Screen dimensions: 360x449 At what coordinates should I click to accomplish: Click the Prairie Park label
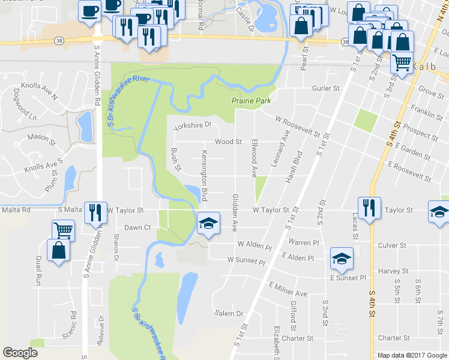pyautogui.click(x=251, y=101)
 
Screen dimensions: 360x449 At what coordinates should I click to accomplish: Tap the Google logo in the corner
pyautogui.click(x=20, y=353)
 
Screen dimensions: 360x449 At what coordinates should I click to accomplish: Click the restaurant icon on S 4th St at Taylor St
pyautogui.click(x=367, y=208)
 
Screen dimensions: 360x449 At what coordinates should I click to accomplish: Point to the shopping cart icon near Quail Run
pyautogui.click(x=62, y=229)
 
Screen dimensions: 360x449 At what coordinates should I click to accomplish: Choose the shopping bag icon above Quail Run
pyautogui.click(x=59, y=250)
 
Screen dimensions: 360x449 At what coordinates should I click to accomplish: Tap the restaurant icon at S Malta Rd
pyautogui.click(x=95, y=212)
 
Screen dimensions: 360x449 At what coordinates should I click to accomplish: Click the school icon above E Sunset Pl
pyautogui.click(x=342, y=258)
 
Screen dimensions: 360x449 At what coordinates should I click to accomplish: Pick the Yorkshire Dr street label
pyautogui.click(x=193, y=126)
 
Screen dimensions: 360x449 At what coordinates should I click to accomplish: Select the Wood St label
pyautogui.click(x=228, y=142)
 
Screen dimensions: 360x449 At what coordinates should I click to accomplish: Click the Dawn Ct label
pyautogui.click(x=137, y=227)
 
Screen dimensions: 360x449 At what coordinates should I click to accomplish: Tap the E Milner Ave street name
pyautogui.click(x=288, y=289)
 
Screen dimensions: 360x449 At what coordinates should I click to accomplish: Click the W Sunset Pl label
pyautogui.click(x=246, y=261)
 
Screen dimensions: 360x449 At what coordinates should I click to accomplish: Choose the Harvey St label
pyautogui.click(x=393, y=271)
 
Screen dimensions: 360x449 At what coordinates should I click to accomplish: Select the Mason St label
pyautogui.click(x=41, y=137)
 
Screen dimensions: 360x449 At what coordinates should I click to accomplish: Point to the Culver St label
pyautogui.click(x=393, y=245)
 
